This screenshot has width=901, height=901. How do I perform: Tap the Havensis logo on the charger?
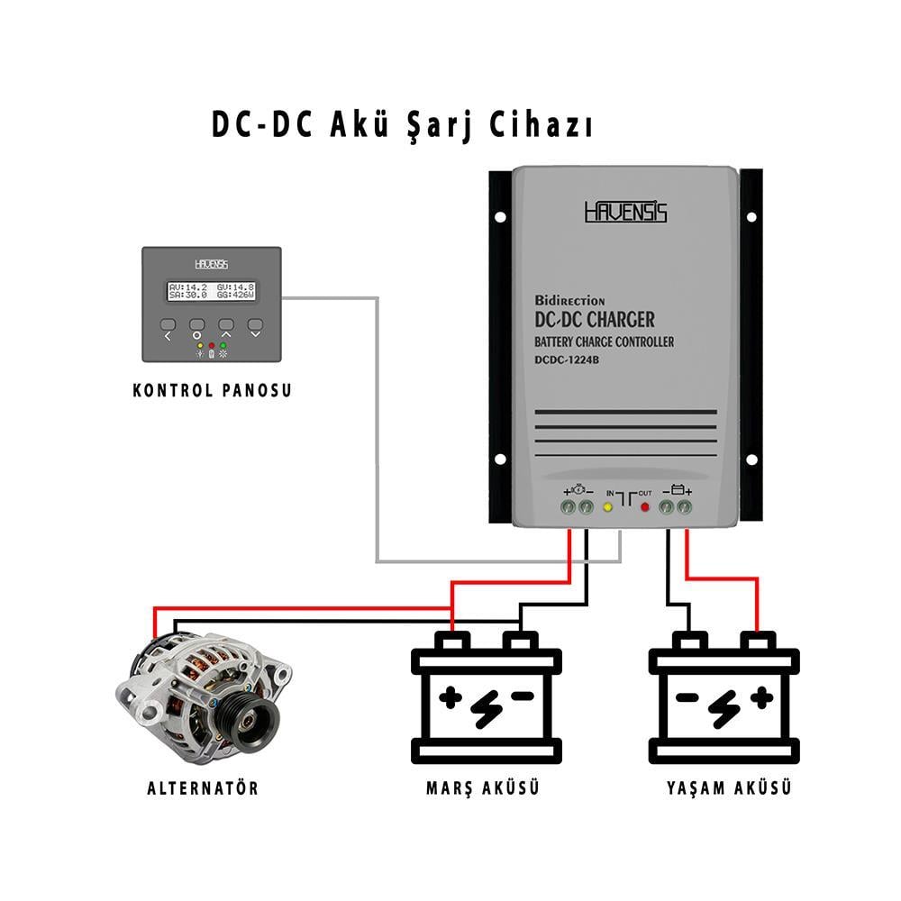[625, 212]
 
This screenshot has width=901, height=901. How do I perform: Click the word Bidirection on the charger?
[569, 300]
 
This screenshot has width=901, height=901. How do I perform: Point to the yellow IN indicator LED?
[607, 507]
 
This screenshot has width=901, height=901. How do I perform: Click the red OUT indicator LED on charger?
[645, 507]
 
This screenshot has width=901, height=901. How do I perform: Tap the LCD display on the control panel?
[212, 290]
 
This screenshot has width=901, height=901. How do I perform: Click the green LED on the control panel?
[223, 345]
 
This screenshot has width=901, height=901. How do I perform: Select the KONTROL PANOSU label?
[212, 391]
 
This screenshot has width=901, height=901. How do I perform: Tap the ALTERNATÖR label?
[203, 788]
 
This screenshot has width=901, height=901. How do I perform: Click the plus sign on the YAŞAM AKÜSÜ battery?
[762, 696]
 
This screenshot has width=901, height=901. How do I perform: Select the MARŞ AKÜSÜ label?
[482, 788]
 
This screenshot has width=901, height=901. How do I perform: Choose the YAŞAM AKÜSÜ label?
[730, 788]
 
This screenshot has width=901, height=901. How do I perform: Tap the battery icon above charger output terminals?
[677, 491]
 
